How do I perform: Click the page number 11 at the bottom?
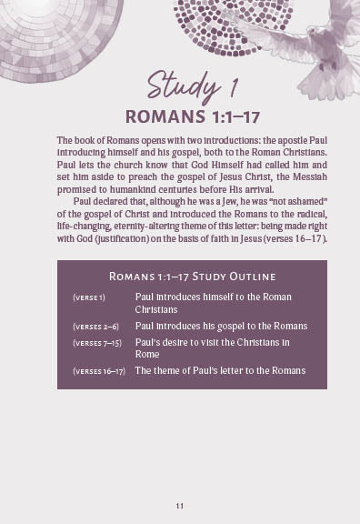pyautogui.click(x=180, y=505)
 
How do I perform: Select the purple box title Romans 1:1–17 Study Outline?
pyautogui.click(x=192, y=276)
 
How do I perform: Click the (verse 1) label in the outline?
pyautogui.click(x=89, y=297)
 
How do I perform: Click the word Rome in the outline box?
pyautogui.click(x=148, y=355)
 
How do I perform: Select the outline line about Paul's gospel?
pyautogui.click(x=221, y=326)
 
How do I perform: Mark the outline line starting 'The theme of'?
pyautogui.click(x=220, y=370)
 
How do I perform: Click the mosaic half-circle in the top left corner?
pyautogui.click(x=41, y=32)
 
